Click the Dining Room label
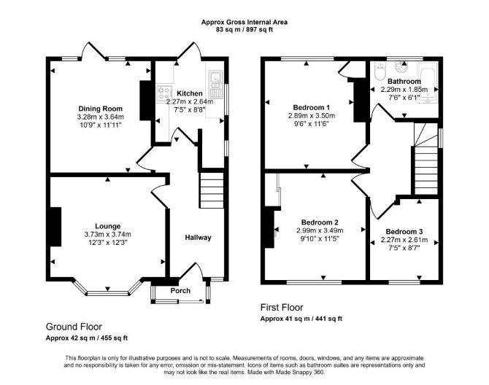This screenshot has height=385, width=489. [x=101, y=109]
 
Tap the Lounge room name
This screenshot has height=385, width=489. [x=107, y=226]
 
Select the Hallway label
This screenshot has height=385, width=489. [x=198, y=238]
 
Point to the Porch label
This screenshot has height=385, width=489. [x=180, y=291]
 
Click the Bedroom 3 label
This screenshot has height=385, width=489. [x=404, y=232]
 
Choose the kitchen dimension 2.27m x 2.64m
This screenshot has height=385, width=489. [x=190, y=101]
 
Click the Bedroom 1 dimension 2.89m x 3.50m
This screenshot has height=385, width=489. [x=312, y=116]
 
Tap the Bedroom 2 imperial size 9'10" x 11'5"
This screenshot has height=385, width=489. [x=320, y=238]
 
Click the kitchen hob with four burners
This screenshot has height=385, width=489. [x=164, y=93]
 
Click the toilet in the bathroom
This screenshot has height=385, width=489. [x=380, y=71]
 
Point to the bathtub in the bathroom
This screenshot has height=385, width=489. [x=429, y=82]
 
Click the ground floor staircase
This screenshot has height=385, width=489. [x=212, y=190]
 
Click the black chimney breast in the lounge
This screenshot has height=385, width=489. [x=55, y=227]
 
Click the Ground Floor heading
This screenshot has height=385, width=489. [x=74, y=327]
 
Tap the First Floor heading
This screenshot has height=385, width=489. [x=282, y=308]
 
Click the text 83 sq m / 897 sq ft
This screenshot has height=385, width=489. [x=244, y=30]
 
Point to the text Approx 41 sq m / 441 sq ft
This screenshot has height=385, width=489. [x=301, y=319]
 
